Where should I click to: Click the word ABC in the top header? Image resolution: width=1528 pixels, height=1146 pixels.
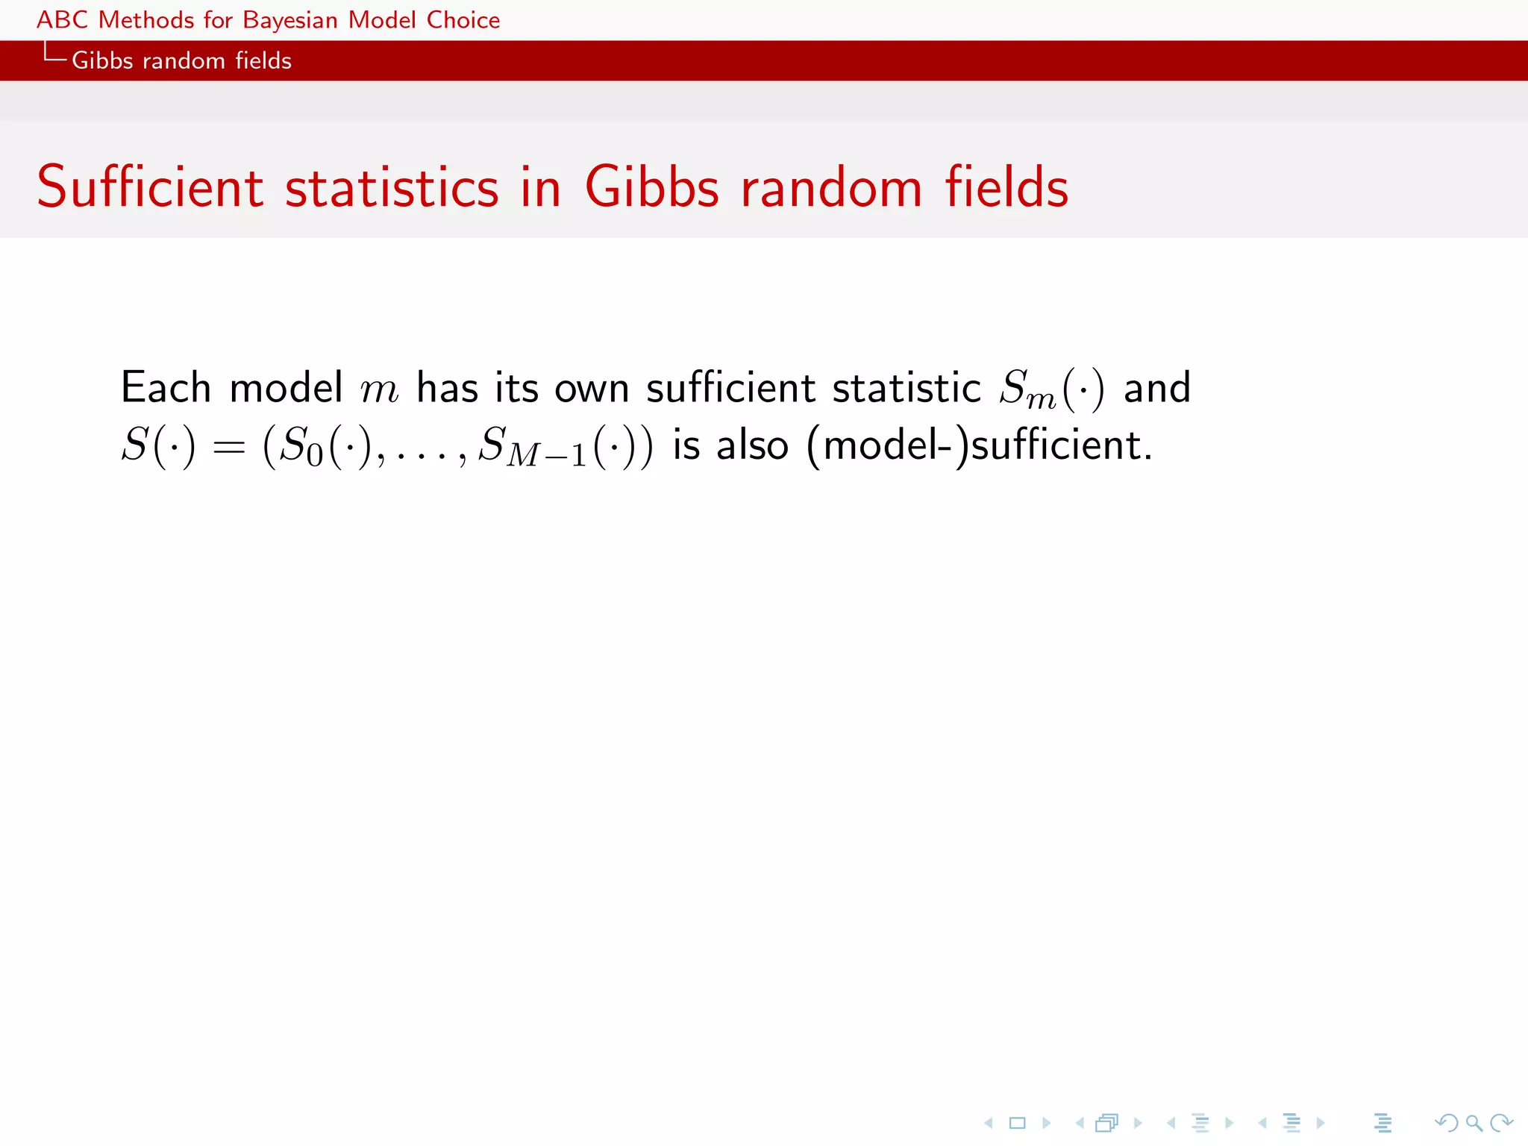click(63, 20)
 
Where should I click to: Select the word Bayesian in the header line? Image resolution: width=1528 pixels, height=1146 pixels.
click(290, 21)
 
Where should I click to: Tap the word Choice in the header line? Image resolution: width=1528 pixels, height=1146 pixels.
click(463, 20)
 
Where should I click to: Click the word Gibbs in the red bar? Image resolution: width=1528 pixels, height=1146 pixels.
click(102, 60)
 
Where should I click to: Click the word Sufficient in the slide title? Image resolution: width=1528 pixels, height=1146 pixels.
click(150, 187)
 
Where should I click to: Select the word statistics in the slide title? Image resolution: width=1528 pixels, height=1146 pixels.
click(392, 188)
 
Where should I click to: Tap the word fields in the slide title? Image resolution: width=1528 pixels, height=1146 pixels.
click(1006, 187)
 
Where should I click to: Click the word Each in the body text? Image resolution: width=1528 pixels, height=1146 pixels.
click(166, 387)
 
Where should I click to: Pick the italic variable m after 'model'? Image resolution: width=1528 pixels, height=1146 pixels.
click(379, 390)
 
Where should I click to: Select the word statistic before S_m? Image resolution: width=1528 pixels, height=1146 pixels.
click(906, 388)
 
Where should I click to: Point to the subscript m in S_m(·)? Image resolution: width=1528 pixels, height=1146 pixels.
click(1042, 400)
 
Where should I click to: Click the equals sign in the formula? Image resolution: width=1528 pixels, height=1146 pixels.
click(229, 447)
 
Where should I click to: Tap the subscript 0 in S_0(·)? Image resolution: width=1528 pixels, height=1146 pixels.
click(315, 454)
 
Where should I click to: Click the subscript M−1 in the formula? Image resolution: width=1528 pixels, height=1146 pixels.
click(547, 454)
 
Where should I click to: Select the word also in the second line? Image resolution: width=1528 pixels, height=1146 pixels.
click(752, 445)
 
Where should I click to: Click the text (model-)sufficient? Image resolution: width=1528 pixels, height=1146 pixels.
click(980, 445)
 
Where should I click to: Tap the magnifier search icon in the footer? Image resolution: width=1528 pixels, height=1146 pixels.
click(1474, 1122)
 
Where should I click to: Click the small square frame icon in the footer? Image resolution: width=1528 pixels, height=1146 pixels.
click(1017, 1122)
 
